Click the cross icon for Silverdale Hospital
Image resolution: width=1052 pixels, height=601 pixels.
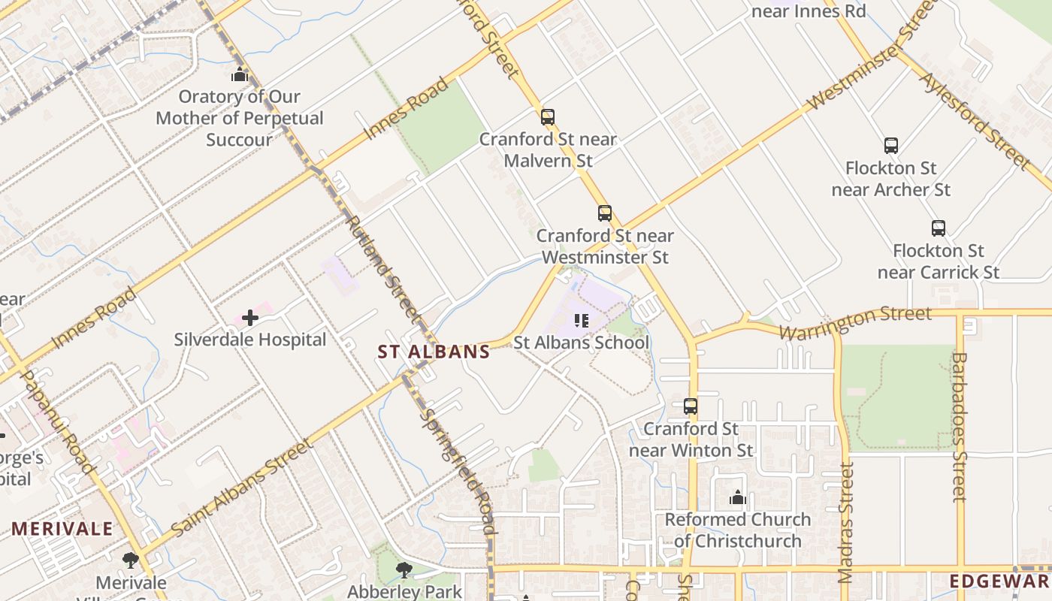click(x=250, y=318)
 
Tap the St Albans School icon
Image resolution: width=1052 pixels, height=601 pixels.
click(x=581, y=321)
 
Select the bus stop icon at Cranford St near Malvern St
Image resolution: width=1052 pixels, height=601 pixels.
click(x=548, y=117)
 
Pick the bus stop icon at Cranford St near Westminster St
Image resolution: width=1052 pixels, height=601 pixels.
click(x=605, y=213)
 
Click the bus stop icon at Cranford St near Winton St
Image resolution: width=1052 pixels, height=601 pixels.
click(x=691, y=406)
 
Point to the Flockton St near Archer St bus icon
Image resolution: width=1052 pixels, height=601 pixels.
click(x=891, y=146)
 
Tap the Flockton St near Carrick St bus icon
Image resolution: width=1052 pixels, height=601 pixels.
click(x=939, y=228)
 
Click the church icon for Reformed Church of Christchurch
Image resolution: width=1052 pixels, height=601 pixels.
click(x=737, y=497)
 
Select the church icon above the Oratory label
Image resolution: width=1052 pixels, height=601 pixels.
click(x=240, y=74)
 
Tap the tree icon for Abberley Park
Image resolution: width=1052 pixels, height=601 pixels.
click(x=404, y=569)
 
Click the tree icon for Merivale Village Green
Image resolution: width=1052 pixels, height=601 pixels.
click(x=131, y=560)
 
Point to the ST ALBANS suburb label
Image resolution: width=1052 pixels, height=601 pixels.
click(x=434, y=352)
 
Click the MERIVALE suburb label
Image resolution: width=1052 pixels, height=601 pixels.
click(x=62, y=529)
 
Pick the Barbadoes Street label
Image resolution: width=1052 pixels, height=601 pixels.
click(x=959, y=426)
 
